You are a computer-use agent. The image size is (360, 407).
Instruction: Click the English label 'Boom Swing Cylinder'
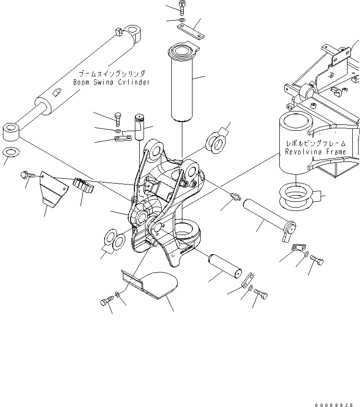pos(111,82)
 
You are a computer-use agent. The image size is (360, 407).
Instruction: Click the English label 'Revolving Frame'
pos(315,152)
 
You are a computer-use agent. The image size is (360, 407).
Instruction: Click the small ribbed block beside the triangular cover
pos(82,185)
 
